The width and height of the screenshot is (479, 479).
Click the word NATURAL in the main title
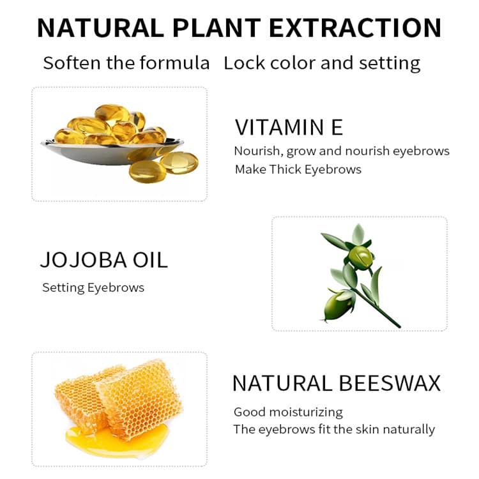pyautogui.click(x=100, y=28)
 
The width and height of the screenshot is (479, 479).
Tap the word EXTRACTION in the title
pyautogui.click(x=355, y=28)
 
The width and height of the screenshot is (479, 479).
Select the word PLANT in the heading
pyautogui.click(x=217, y=28)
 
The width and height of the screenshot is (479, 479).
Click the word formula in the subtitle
pyautogui.click(x=175, y=63)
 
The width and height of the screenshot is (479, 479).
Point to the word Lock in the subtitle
pyautogui.click(x=245, y=63)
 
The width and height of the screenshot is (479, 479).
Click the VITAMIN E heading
pyautogui.click(x=289, y=127)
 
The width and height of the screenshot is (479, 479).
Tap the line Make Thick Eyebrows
pyautogui.click(x=298, y=169)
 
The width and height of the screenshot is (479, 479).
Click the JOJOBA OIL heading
pyautogui.click(x=104, y=260)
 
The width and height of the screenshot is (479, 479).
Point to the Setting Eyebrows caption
pyautogui.click(x=93, y=288)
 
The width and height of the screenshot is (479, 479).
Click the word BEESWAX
pyautogui.click(x=390, y=383)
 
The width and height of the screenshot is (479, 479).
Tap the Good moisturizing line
pyautogui.click(x=288, y=413)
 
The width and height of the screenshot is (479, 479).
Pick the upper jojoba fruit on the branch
pyautogui.click(x=361, y=257)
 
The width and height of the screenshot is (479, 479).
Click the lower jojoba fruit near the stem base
pyautogui.click(x=338, y=305)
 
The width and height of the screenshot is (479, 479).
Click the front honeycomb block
pyautogui.click(x=141, y=400)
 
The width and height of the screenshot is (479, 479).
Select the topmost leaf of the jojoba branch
pyautogui.click(x=358, y=234)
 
